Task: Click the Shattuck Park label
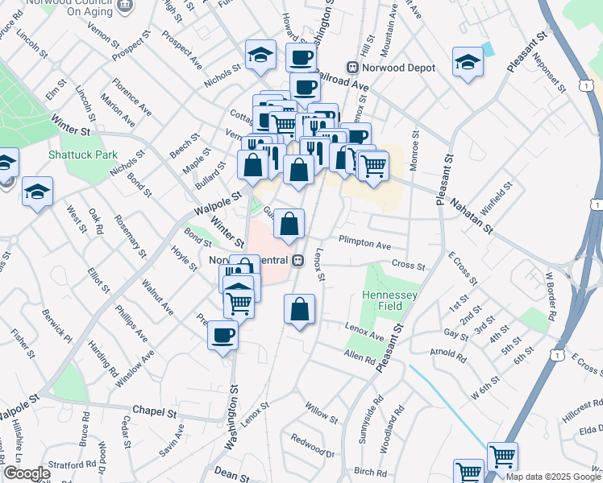(83, 155)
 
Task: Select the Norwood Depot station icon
(351, 68)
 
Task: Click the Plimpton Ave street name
(364, 242)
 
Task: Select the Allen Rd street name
(360, 355)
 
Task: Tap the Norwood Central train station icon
(297, 261)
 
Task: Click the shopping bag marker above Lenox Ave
(299, 309)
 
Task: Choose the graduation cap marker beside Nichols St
(260, 56)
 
